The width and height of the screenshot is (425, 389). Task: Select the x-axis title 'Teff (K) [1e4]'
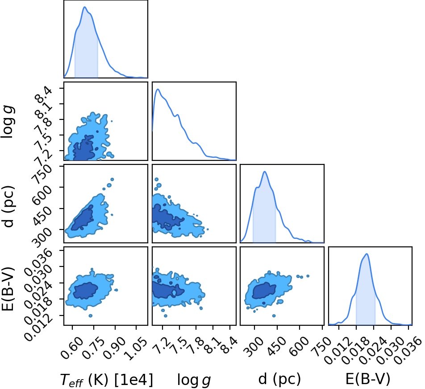[106, 380]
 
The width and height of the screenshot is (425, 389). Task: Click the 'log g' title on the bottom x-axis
[194, 380]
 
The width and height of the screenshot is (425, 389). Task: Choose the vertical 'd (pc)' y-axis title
[8, 206]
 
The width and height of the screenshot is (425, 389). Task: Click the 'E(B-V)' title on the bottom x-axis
[368, 379]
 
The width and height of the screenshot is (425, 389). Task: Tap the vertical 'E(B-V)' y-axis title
[8, 289]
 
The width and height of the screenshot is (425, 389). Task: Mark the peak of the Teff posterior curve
[84, 7]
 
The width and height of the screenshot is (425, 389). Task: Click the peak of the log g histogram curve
[158, 89]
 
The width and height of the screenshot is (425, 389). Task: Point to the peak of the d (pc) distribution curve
[265, 172]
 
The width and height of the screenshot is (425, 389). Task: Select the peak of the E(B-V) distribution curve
[367, 254]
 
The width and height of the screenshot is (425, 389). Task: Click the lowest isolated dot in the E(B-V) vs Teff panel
[91, 315]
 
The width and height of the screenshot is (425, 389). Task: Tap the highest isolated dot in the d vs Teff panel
[112, 180]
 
